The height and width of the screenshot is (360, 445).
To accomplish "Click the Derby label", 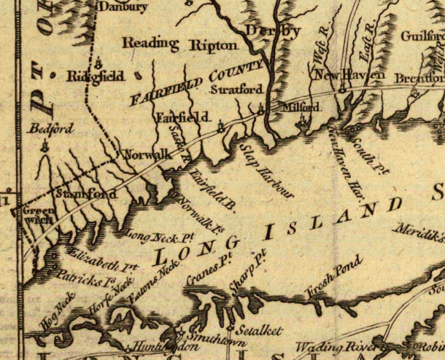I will point(273,31).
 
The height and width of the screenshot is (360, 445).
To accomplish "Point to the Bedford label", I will point(51,129).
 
